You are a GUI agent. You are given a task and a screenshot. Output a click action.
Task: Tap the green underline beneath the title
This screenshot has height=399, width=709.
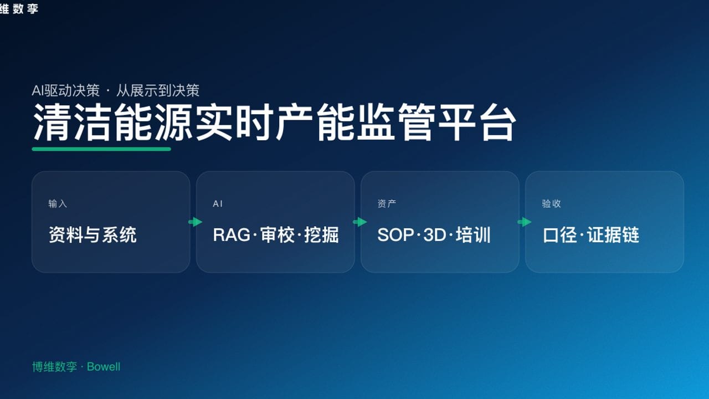tap(101, 149)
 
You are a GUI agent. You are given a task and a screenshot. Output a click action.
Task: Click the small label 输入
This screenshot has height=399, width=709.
tap(58, 204)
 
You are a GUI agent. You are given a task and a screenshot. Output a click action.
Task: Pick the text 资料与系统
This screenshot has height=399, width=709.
tap(93, 235)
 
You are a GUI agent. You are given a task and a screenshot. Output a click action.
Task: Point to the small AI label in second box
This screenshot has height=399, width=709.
tap(218, 204)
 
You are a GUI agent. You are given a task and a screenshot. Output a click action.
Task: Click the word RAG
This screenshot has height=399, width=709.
tap(232, 235)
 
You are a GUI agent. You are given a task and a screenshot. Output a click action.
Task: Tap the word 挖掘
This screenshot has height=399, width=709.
tap(321, 235)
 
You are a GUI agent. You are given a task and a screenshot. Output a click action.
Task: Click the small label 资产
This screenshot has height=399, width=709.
tap(387, 204)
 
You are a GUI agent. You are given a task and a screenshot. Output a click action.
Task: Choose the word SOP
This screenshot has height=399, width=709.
tap(395, 235)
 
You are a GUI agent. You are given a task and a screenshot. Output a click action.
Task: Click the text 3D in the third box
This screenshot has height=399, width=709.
tap(435, 235)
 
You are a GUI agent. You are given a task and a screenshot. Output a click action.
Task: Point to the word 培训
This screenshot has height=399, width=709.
tap(474, 235)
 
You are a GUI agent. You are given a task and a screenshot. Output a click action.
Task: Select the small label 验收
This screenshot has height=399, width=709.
tap(551, 204)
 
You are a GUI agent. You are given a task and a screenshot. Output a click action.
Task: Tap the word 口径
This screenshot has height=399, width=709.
tap(559, 235)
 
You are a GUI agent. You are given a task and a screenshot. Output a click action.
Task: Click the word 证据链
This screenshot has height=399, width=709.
tap(614, 235)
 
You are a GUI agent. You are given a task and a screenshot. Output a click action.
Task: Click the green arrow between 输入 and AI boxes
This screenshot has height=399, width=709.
tap(195, 222)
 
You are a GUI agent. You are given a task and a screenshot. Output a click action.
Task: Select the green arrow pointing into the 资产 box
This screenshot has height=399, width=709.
tap(359, 222)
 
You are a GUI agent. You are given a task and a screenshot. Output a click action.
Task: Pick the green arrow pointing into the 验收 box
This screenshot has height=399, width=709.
tap(524, 222)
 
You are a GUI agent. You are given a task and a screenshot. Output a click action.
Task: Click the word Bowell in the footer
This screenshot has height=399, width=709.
tap(104, 367)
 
